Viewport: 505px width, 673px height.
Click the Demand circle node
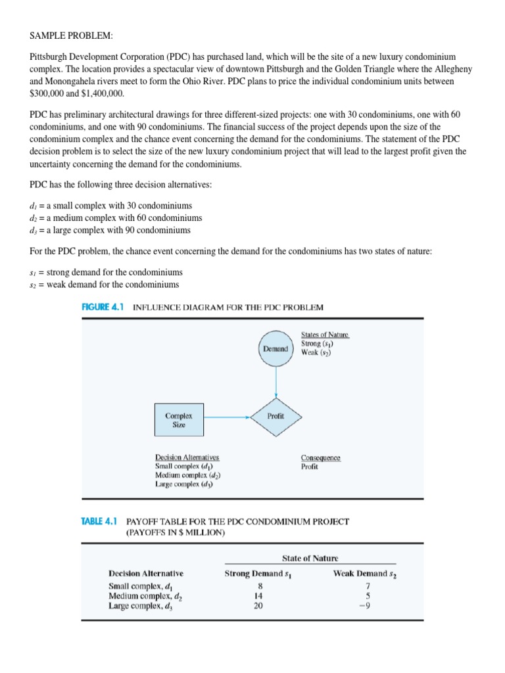[276, 349]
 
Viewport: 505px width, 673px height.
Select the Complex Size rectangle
[175, 420]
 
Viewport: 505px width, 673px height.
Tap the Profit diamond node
[276, 417]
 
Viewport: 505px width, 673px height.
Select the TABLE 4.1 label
[98, 521]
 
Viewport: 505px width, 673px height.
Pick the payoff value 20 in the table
[258, 606]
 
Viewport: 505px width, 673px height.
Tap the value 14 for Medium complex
[258, 595]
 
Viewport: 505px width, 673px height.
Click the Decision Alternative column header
[146, 574]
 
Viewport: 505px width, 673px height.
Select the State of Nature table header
[310, 558]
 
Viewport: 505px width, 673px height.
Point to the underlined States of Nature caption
[325, 335]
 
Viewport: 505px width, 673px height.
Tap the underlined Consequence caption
[320, 457]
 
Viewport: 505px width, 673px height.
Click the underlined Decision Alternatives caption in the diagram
[187, 457]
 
